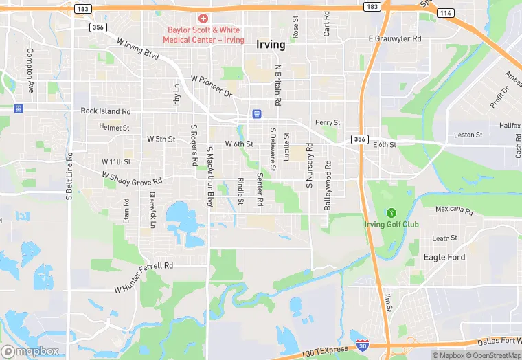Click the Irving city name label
pyautogui.click(x=270, y=45)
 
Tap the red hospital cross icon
pyautogui.click(x=203, y=19)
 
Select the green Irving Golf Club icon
pyautogui.click(x=391, y=212)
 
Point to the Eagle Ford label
pyautogui.click(x=444, y=257)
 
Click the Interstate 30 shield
pyautogui.click(x=362, y=344)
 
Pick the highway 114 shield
pyautogui.click(x=446, y=12)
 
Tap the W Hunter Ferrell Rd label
pyautogui.click(x=144, y=277)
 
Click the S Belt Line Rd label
pyautogui.click(x=69, y=175)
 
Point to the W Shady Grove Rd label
pyautogui.click(x=132, y=177)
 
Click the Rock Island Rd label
pyautogui.click(x=105, y=111)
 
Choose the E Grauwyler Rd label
pyautogui.click(x=395, y=38)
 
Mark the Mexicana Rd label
pyautogui.click(x=455, y=210)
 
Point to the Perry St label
pyautogui.click(x=328, y=122)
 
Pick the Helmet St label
pyautogui.click(x=114, y=127)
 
